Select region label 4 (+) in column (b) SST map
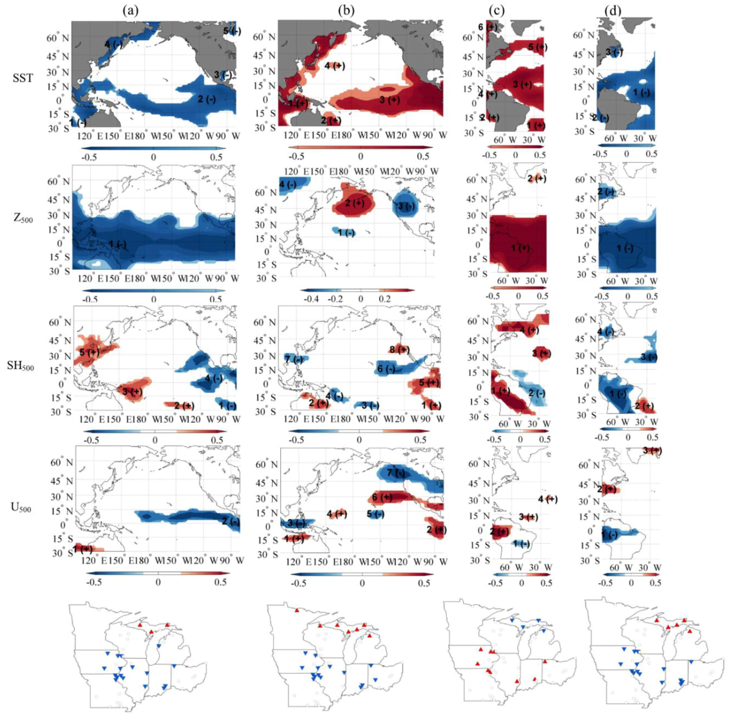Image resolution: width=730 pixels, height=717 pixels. tap(334, 65)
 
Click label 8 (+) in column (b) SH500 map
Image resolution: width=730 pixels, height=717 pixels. tap(400, 349)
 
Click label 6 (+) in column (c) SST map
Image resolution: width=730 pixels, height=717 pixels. tap(487, 27)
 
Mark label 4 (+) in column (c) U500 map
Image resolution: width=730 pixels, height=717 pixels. tap(548, 499)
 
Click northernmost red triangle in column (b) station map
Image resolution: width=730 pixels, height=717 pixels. tap(297, 610)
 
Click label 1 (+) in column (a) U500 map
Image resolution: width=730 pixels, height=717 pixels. tap(83, 549)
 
